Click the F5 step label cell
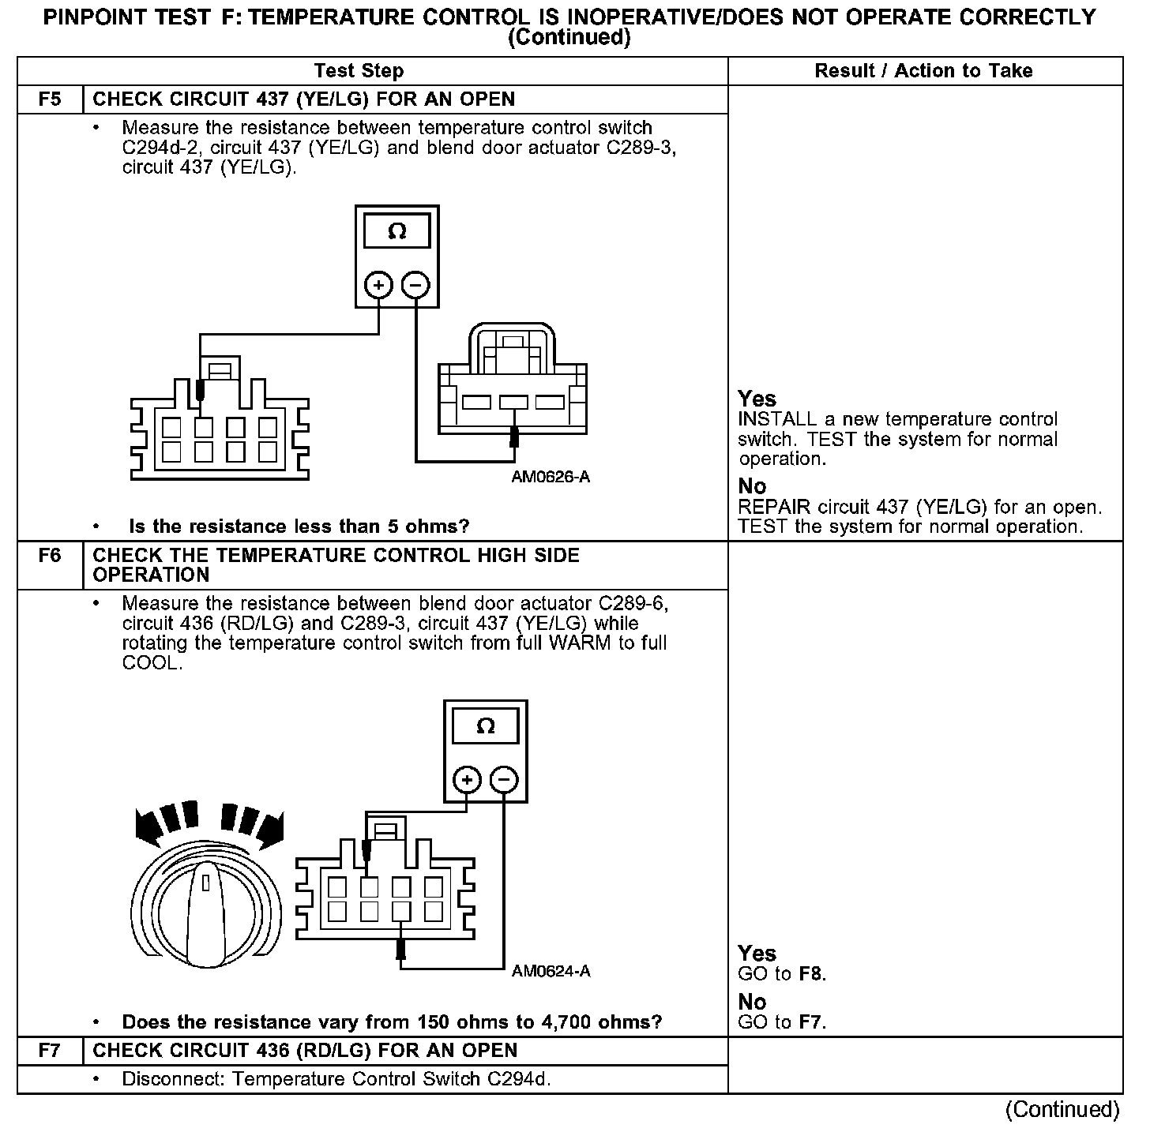click(49, 99)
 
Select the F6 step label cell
click(49, 556)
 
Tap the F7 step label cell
click(49, 1051)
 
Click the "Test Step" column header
click(359, 71)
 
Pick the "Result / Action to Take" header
click(923, 71)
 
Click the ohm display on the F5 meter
click(397, 232)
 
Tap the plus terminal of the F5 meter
click(379, 285)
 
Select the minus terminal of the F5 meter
click(416, 285)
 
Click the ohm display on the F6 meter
click(486, 726)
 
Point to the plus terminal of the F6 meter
click(468, 780)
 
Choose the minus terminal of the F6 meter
click(505, 780)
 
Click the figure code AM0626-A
click(551, 477)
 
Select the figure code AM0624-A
click(551, 971)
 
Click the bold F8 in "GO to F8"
click(810, 974)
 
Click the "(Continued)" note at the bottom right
click(1062, 1110)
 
